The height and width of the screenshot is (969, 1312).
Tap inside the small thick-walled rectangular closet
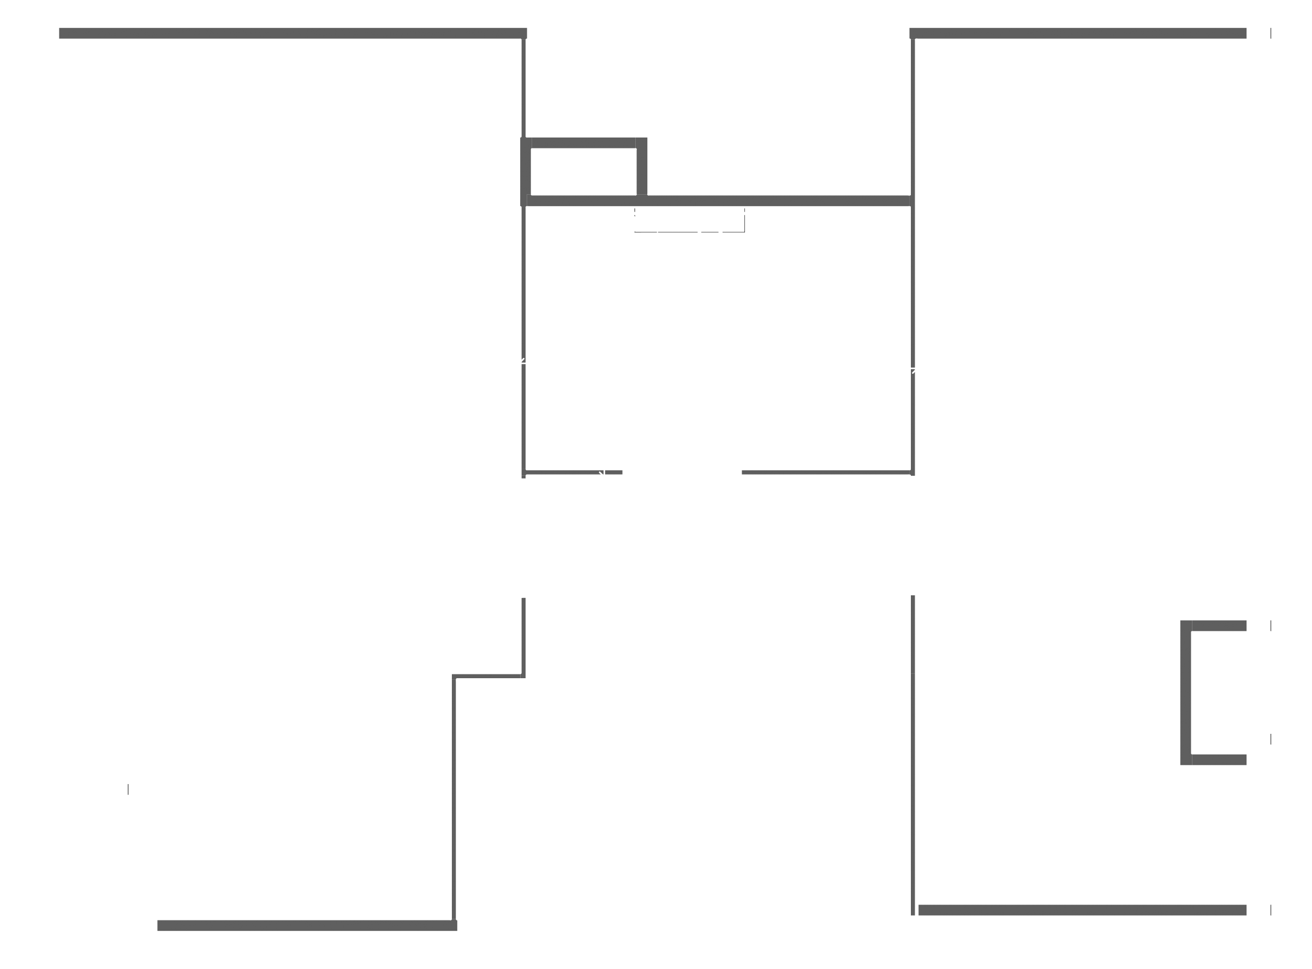pos(583,172)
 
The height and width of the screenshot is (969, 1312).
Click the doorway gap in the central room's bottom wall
pos(682,472)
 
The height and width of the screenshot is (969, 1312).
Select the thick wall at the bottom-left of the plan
pos(307,925)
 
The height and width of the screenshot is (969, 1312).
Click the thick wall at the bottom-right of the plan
pos(1082,910)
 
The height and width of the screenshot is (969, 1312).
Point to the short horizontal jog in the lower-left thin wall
pos(488,677)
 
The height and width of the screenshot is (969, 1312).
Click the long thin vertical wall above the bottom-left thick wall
pos(454,798)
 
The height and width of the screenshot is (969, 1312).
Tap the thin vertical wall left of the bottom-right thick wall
pos(913,757)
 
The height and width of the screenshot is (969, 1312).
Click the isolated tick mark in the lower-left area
pos(128,789)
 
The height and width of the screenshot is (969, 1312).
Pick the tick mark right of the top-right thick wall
pos(1271,33)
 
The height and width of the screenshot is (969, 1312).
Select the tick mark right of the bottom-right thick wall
pos(1271,910)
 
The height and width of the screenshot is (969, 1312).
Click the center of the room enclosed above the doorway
pos(718,346)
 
